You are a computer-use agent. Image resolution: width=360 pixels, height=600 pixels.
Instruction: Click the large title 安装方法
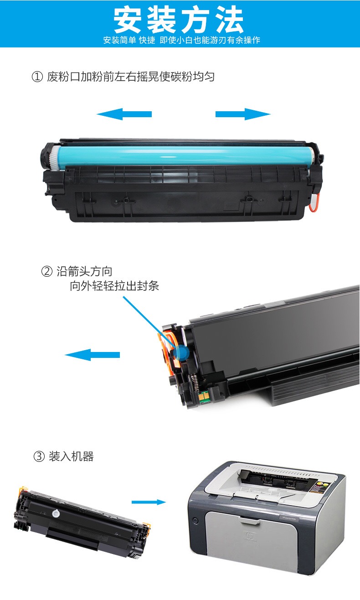pos(179,20)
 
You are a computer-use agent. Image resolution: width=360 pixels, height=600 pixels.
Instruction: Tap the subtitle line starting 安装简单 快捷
pos(182,40)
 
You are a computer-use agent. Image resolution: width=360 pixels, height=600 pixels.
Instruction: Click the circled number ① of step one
pos(37,77)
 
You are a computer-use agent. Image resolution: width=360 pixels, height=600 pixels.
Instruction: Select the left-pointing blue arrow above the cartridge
pos(124,114)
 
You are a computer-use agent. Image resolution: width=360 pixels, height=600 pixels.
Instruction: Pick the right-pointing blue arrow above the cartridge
pos(243,114)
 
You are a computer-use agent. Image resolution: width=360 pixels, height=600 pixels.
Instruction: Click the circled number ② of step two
pos(47,271)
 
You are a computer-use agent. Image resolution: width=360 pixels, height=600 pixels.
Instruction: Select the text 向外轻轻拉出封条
pos(114,286)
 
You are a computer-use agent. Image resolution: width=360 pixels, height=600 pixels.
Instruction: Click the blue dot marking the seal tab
pos(181,353)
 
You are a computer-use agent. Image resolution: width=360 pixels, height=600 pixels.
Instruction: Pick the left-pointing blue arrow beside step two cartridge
pos(93,355)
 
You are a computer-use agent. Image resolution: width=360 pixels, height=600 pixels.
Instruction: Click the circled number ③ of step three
pos(39,456)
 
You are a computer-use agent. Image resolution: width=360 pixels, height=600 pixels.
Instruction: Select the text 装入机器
pos(71,456)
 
